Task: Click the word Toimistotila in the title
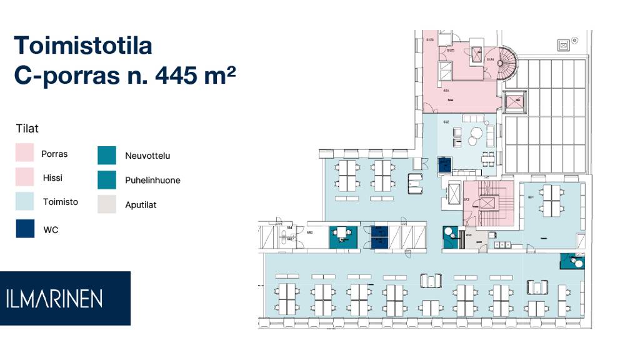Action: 82,46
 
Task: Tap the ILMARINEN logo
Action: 65,298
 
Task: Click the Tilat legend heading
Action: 27,129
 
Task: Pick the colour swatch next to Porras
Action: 25,153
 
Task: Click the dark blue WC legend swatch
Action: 25,228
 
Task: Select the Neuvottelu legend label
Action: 147,156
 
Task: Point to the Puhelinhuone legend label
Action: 152,180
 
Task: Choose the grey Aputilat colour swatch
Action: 107,204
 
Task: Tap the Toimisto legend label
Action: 60,202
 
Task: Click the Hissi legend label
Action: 52,178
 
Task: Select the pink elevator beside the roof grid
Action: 516,101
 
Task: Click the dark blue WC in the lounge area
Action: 444,165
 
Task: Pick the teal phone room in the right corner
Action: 572,261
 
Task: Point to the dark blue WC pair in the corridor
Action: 379,236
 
